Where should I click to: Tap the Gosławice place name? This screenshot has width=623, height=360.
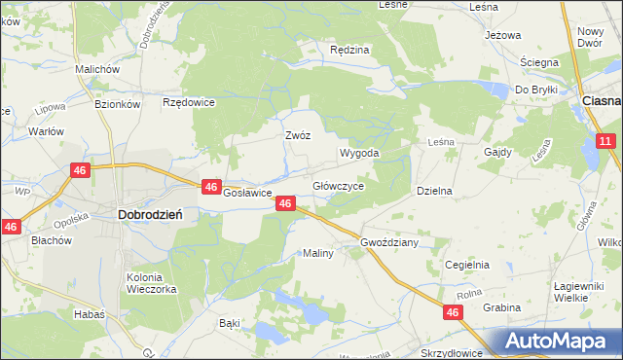tap(247, 193)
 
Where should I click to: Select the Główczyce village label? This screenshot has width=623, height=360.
tap(338, 185)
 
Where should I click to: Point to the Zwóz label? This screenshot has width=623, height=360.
tap(298, 136)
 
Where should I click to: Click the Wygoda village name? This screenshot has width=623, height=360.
tap(358, 154)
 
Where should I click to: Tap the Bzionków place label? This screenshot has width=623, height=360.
tap(119, 103)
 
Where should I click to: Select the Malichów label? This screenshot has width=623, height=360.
tap(97, 70)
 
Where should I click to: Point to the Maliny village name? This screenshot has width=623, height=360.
tap(318, 253)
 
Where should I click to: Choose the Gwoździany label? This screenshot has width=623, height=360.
tap(389, 242)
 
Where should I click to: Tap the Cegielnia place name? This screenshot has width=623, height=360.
tap(466, 265)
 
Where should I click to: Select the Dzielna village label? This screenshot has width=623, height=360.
tap(435, 192)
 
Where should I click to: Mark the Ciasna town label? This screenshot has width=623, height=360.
tap(601, 100)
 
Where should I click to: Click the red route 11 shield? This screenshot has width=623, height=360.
tap(605, 142)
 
